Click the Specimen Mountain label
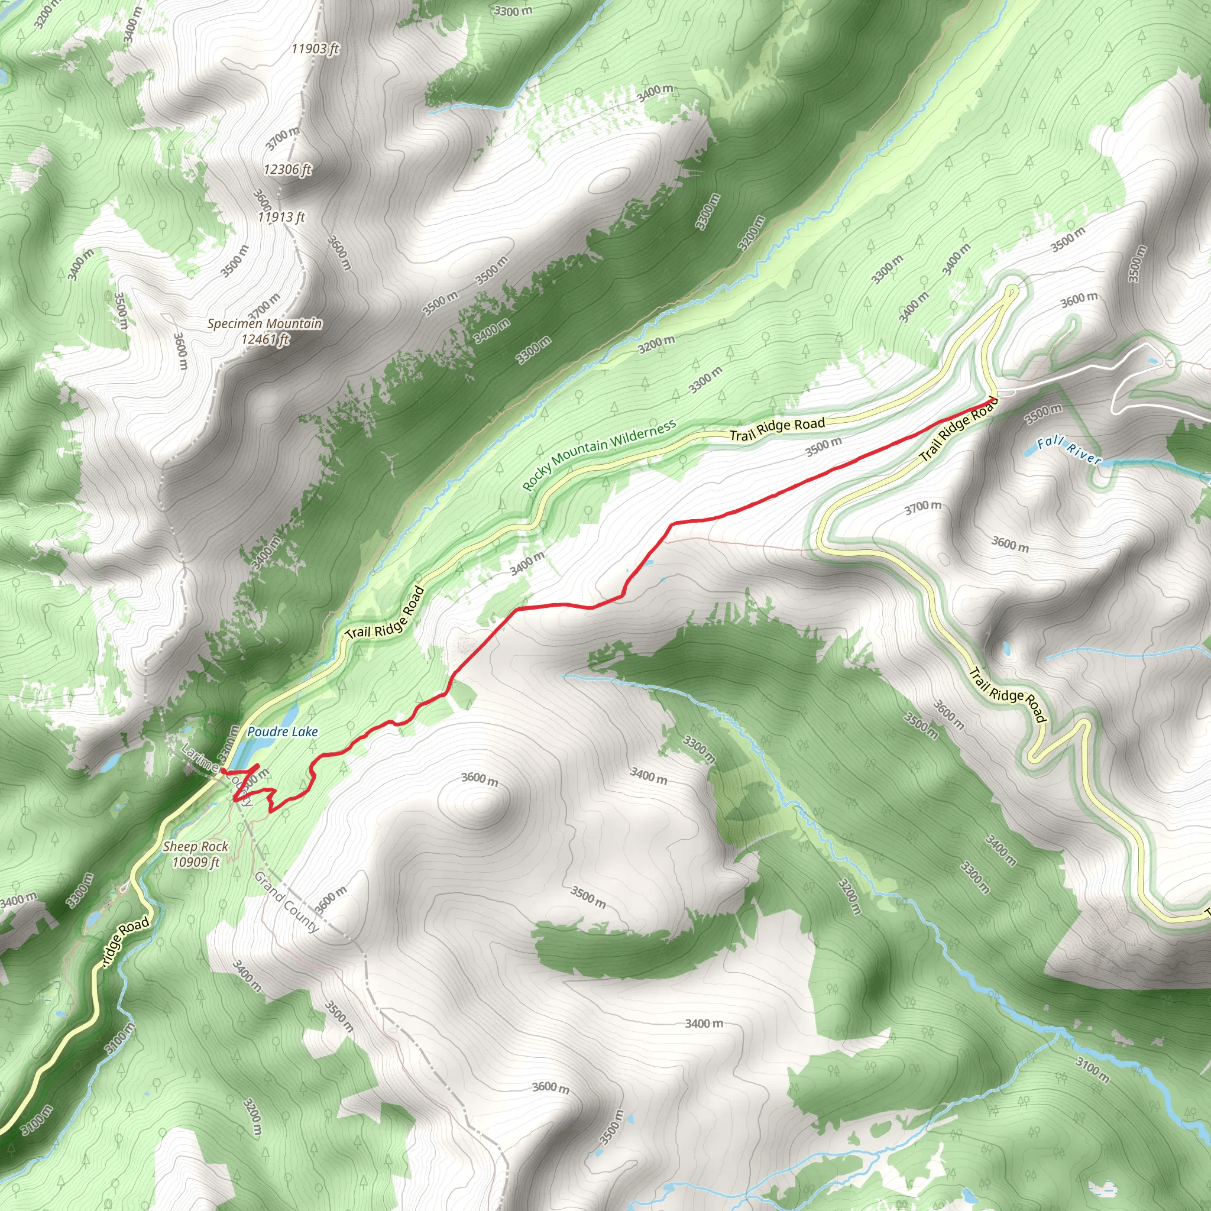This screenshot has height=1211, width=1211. [x=264, y=323]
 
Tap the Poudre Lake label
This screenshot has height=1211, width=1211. [x=282, y=731]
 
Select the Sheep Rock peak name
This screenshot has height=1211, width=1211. [x=196, y=846]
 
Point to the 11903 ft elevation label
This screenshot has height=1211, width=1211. [x=315, y=48]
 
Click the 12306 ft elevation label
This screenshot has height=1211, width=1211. [x=287, y=169]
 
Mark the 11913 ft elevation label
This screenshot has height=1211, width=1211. [x=281, y=217]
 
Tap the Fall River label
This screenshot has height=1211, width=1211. [x=1068, y=451]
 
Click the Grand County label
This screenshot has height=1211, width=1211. [x=286, y=902]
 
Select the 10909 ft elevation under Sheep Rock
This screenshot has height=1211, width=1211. [x=196, y=863]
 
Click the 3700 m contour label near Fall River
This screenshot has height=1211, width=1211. [x=922, y=507]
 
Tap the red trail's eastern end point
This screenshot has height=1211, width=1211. [x=992, y=399]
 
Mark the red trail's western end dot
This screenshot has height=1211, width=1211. [x=223, y=770]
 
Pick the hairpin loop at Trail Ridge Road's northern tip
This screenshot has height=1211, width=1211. [x=1011, y=290]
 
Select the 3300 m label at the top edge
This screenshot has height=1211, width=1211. [x=513, y=11]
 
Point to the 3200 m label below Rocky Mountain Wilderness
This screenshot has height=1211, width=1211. [x=656, y=344]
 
